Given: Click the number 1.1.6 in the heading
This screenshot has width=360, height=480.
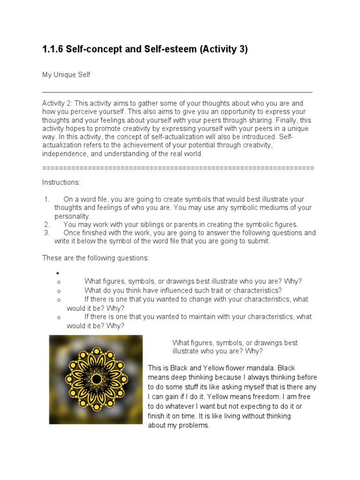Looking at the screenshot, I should (52, 49).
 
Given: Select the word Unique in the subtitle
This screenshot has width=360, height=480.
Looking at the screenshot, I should (65, 75).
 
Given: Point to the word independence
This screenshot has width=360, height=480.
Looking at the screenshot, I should (65, 154).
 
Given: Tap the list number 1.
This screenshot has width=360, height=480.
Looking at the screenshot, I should (46, 199).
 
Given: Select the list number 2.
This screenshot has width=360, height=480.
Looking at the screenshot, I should (46, 225).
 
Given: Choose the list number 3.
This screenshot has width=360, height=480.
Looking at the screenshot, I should (46, 233).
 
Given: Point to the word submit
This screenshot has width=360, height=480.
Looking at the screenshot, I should (260, 241).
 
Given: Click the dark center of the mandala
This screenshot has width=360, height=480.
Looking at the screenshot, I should (96, 379).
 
